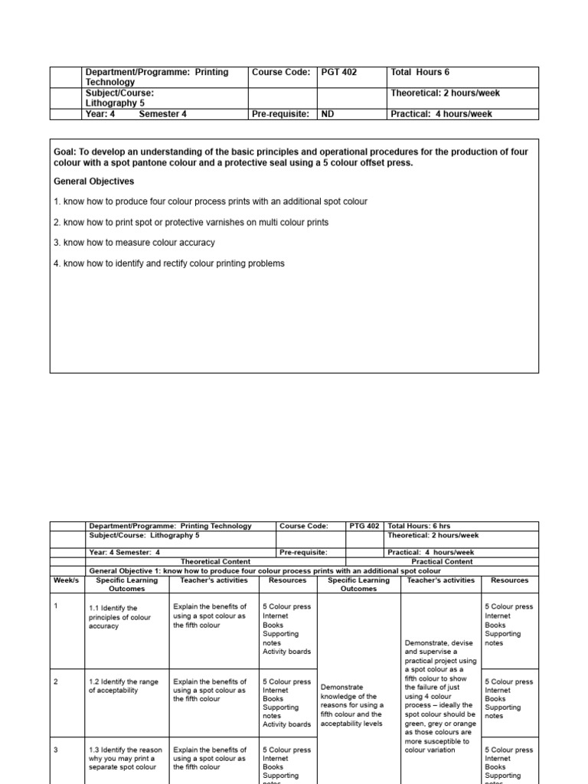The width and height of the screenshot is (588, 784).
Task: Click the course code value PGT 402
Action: coord(338,73)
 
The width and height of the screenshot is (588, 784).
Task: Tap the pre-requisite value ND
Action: coord(327,114)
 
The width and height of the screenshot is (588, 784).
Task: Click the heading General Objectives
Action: coord(93,181)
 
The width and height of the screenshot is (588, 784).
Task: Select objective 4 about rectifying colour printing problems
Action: coord(168,263)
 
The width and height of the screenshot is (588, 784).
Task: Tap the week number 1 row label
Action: coord(56,606)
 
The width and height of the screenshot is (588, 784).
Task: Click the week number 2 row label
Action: coord(56,681)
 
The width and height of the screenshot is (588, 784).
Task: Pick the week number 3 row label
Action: coord(56,750)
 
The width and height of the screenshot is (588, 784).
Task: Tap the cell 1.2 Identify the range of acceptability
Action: coord(122,685)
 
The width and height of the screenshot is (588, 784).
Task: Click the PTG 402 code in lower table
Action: coord(364,526)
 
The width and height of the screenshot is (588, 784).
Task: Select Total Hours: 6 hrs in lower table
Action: coord(420,526)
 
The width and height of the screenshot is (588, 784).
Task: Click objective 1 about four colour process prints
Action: coord(211,201)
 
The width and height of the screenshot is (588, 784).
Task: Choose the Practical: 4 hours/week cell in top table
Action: coord(441,114)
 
